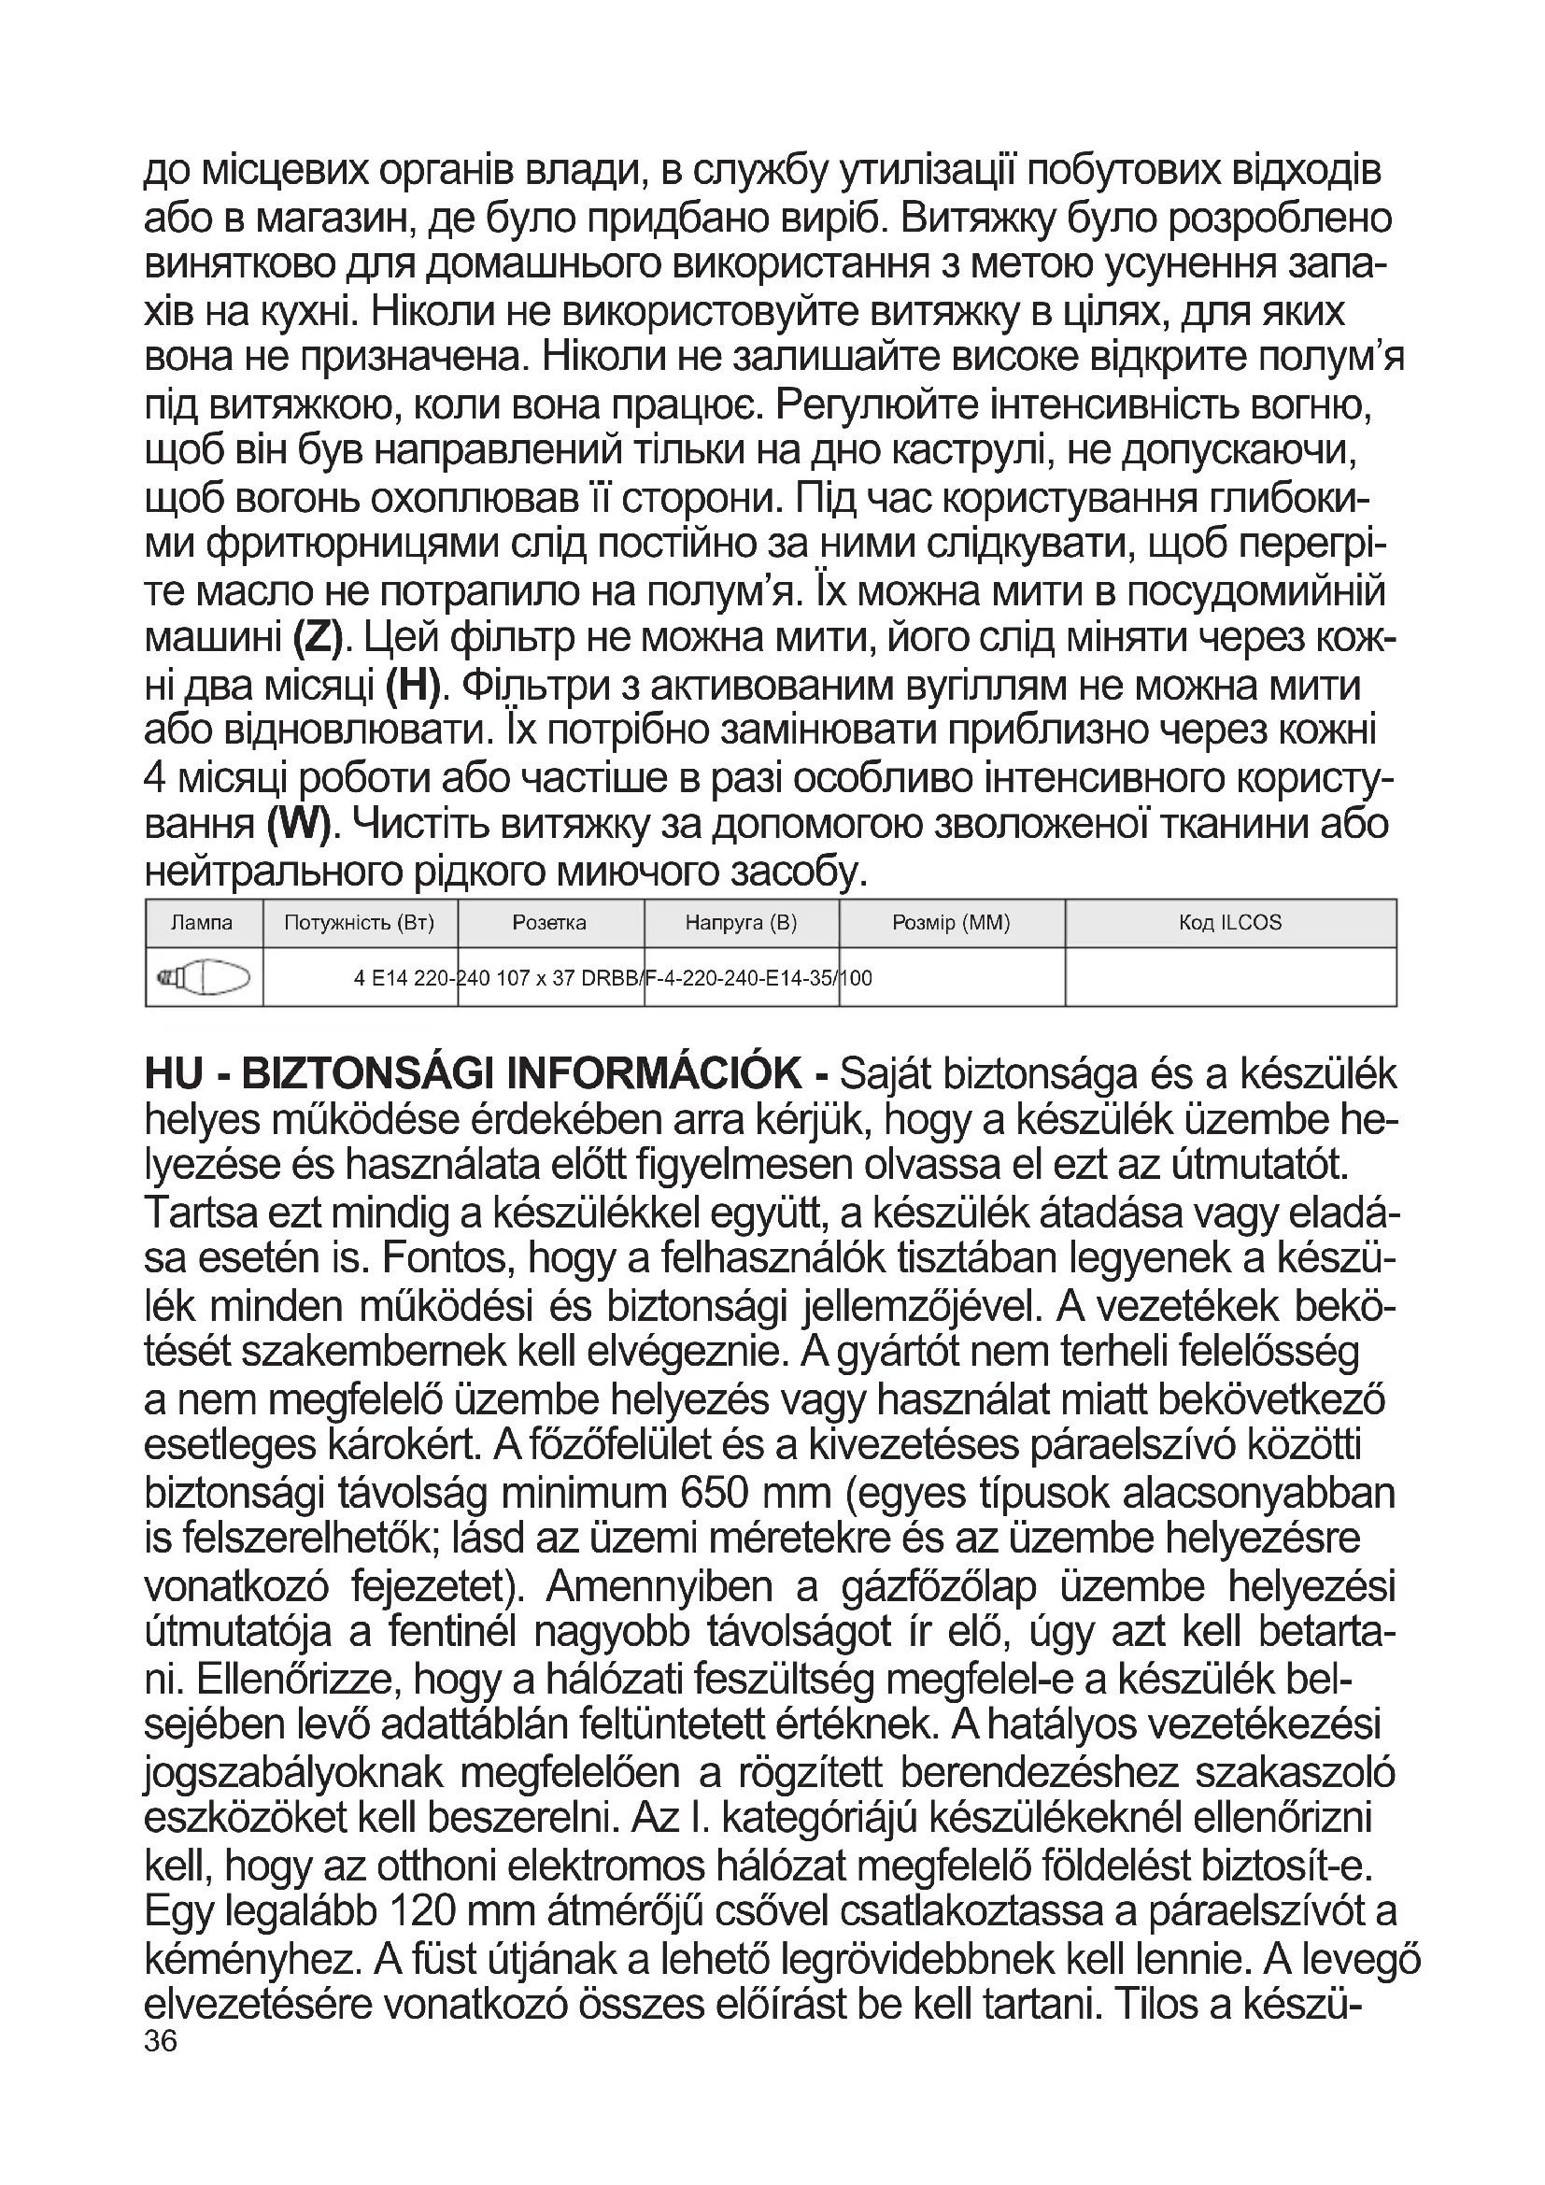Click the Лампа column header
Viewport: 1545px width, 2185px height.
pos(202,922)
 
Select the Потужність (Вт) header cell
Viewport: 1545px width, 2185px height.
pos(360,922)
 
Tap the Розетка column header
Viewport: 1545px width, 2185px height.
pos(549,922)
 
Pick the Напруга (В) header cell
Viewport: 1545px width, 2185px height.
pos(741,922)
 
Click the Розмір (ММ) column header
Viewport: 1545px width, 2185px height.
pos(951,922)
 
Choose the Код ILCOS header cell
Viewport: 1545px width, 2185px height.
pos(1230,922)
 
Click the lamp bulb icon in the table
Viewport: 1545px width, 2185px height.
pos(205,977)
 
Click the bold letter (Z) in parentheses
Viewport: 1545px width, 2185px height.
pos(318,639)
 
